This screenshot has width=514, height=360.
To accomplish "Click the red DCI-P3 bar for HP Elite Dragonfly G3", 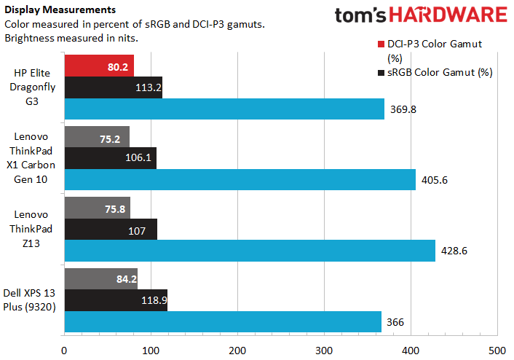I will coord(99,66).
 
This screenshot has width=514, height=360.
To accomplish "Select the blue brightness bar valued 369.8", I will coord(224,109).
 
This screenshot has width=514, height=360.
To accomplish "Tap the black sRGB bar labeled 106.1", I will coord(111,158).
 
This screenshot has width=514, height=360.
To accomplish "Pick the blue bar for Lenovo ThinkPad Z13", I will coord(250,250).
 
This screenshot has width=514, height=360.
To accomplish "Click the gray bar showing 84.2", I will coord(101,279).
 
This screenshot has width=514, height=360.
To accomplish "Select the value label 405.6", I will coord(436,179).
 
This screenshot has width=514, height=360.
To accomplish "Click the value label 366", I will coord(396,321).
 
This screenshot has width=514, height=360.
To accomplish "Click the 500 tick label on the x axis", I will coord(497,350).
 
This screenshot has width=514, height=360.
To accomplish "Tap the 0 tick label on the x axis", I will coord(65,350).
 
